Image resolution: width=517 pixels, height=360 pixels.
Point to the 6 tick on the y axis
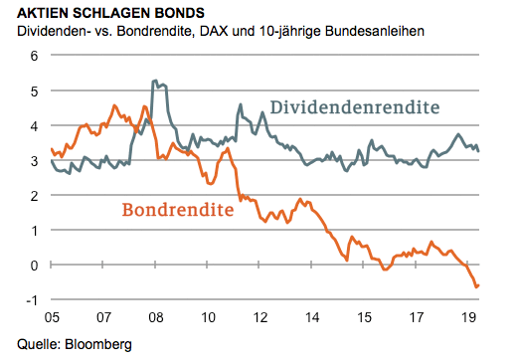pyautogui.click(x=31, y=56)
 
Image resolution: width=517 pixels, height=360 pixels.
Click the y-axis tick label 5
pyautogui.click(x=31, y=90)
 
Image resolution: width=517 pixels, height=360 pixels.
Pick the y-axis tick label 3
pyautogui.click(x=31, y=160)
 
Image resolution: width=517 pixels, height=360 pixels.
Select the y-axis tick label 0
pyautogui.click(x=31, y=266)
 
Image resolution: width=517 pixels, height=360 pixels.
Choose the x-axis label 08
pyautogui.click(x=156, y=320)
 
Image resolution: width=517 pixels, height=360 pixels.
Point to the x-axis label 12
pyautogui.click(x=260, y=320)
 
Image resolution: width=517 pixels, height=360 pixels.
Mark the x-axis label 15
pyautogui.click(x=365, y=320)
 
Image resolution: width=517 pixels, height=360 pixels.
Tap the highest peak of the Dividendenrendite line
pyautogui.click(x=154, y=81)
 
